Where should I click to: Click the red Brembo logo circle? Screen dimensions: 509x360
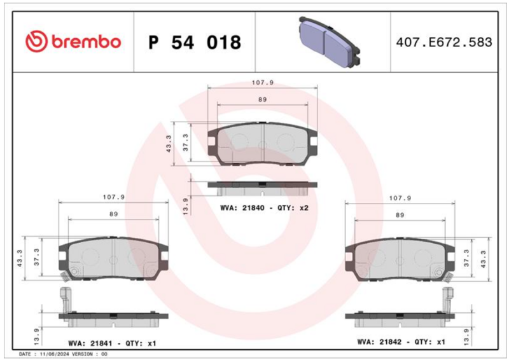click(36, 41)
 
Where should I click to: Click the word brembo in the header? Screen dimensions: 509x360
click(86, 42)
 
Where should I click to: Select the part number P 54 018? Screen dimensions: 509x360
click(195, 42)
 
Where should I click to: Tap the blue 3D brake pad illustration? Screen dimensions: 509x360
click(330, 42)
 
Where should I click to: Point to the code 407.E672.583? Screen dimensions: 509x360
click(444, 42)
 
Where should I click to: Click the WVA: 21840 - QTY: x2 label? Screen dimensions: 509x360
click(264, 208)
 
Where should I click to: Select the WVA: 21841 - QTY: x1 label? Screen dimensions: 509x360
click(113, 343)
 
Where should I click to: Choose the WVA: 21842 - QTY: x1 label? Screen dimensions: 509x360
click(401, 342)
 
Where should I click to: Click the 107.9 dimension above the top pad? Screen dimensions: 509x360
click(263, 83)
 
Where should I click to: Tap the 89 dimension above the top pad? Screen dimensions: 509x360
click(262, 100)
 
